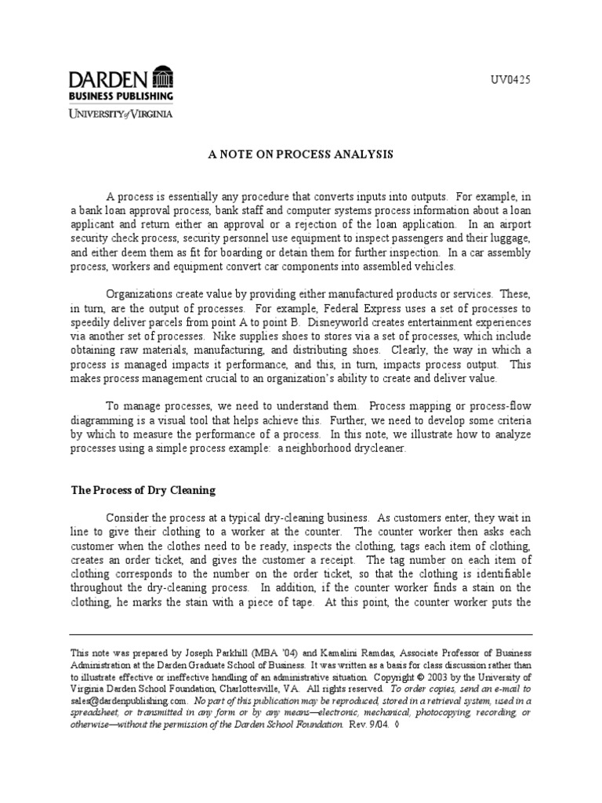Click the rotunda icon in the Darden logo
point(162,78)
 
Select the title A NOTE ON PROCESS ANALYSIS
point(301,155)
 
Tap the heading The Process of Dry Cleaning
point(143,490)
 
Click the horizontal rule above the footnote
point(301,634)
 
